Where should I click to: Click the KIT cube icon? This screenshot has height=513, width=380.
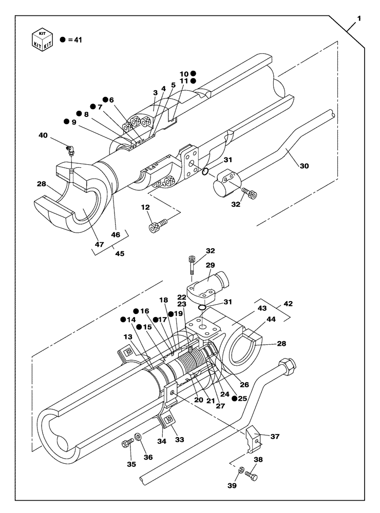[x=42, y=39]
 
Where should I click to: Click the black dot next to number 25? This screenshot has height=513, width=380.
[x=234, y=398]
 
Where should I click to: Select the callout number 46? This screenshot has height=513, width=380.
[x=116, y=234]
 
